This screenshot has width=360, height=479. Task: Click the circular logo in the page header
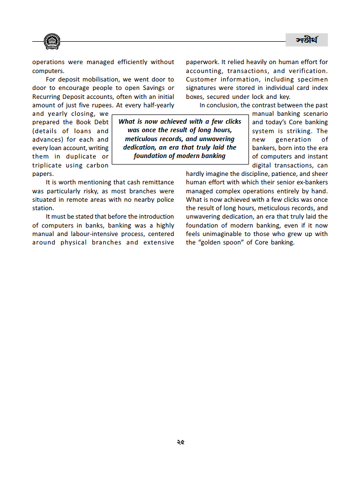[52, 41]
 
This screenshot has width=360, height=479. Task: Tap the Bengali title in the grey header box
[306, 40]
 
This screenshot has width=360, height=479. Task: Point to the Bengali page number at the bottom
[180, 441]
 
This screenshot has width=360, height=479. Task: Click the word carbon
[97, 165]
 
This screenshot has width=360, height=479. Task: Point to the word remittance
[151, 183]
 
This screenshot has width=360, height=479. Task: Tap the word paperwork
[202, 62]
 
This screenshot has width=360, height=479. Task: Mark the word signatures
[203, 88]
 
